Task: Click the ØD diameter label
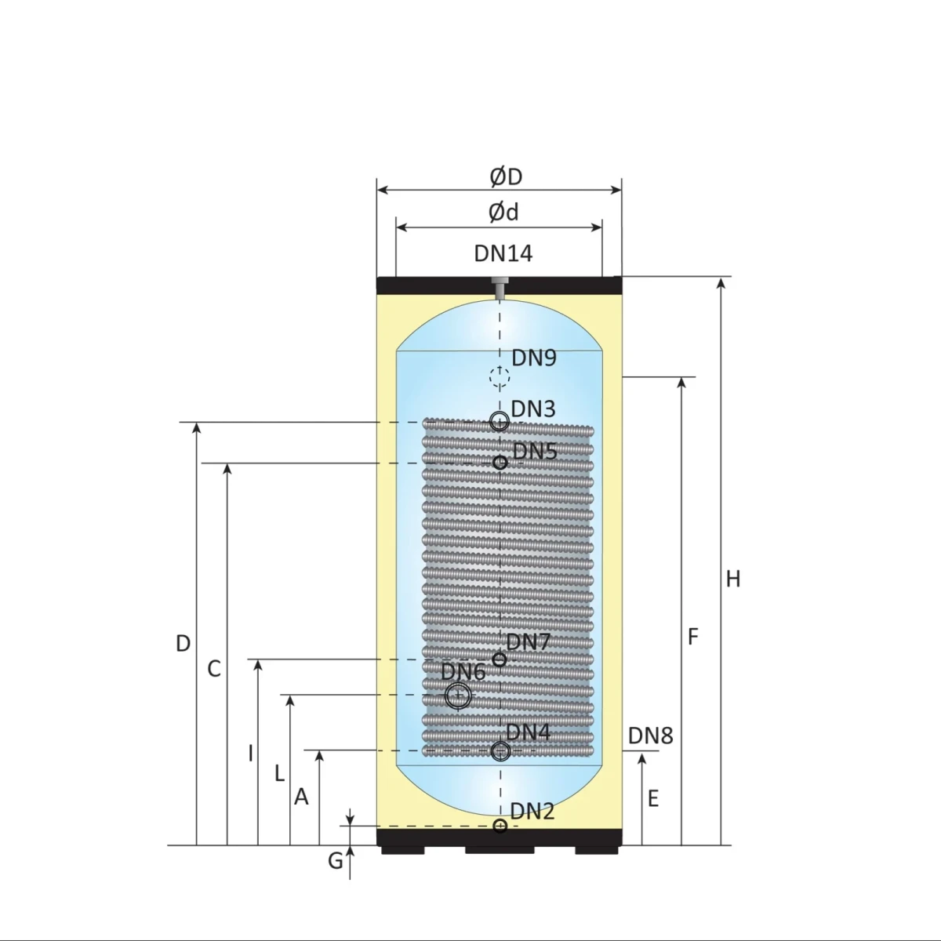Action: click(x=506, y=176)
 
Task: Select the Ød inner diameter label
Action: click(x=503, y=213)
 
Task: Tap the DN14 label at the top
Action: click(x=503, y=253)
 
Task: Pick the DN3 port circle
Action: click(x=500, y=421)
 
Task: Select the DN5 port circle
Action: click(x=500, y=463)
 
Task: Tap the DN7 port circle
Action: click(x=499, y=659)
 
